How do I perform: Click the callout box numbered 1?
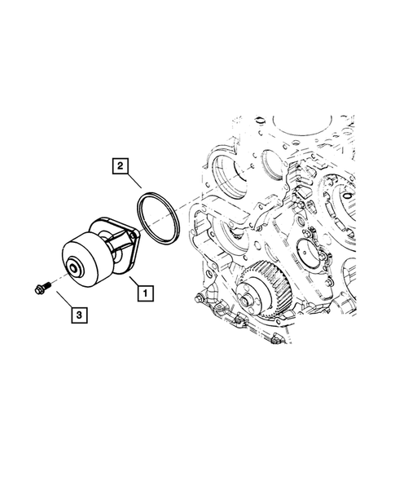(143, 290)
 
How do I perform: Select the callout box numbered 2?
(120, 168)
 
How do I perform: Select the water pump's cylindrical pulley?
(86, 258)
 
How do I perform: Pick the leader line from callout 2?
(135, 182)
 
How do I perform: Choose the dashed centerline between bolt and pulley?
(57, 279)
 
